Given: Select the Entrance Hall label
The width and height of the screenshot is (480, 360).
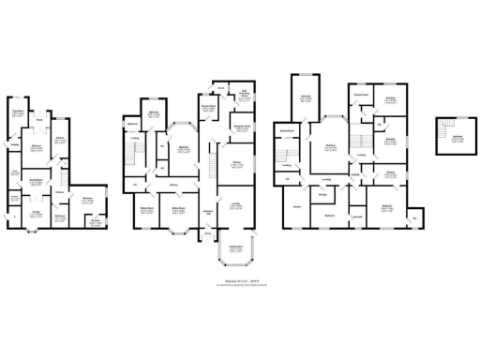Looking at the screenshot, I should tap(208, 211).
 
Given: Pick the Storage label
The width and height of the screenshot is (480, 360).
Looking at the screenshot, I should tap(322, 193).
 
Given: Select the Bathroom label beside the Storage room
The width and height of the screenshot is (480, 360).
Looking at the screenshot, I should tap(330, 216).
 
